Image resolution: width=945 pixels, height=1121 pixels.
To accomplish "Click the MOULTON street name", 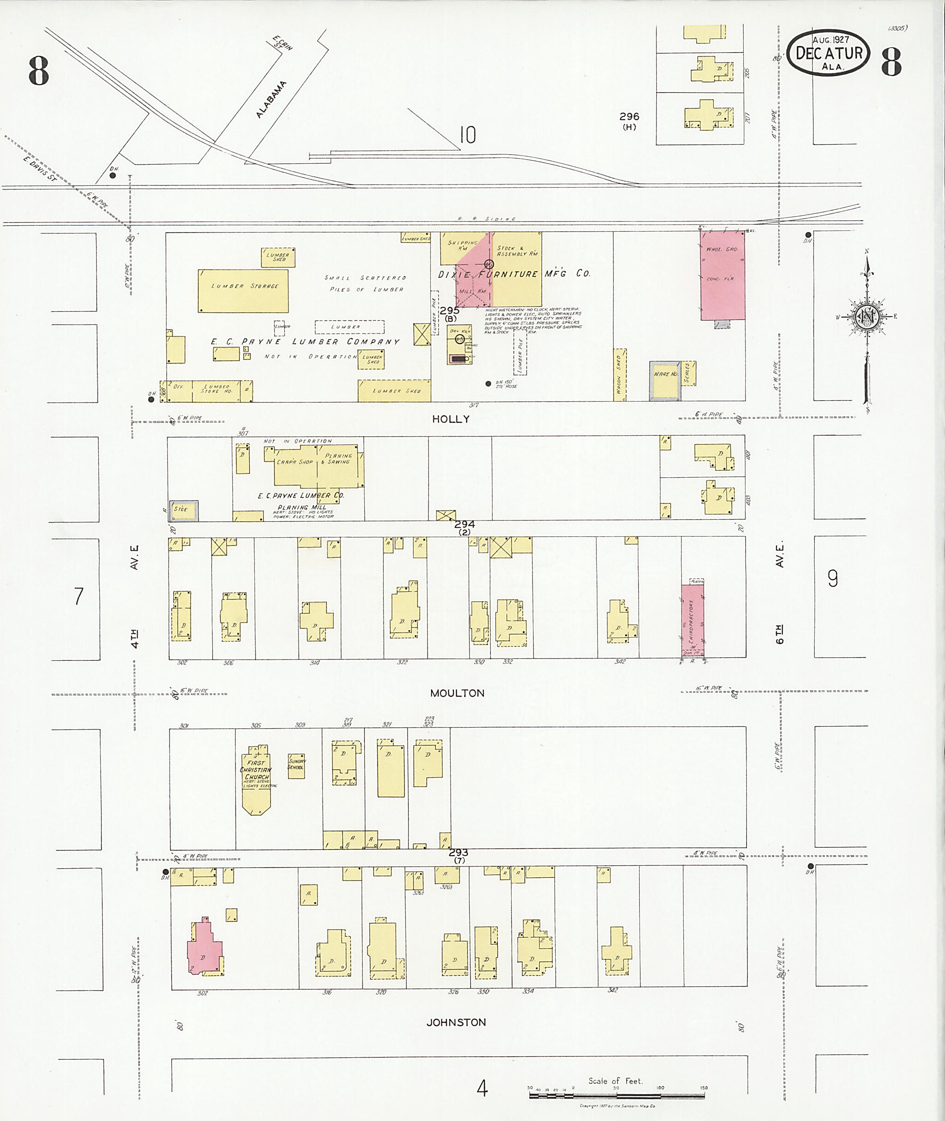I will pyautogui.click(x=457, y=693).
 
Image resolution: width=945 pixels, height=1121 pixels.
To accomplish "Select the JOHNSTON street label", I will pyautogui.click(x=456, y=1022).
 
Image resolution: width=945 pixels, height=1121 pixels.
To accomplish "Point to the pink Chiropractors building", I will pyautogui.click(x=692, y=619).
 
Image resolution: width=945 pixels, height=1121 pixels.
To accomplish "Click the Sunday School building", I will pyautogui.click(x=296, y=765).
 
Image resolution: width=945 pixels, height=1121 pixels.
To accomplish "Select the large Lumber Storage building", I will pyautogui.click(x=243, y=290).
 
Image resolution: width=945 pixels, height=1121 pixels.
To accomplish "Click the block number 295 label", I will pyautogui.click(x=449, y=311).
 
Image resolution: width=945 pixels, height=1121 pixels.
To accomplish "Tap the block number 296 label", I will pyautogui.click(x=629, y=116).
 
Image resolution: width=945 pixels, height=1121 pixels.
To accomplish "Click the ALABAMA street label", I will pyautogui.click(x=271, y=100).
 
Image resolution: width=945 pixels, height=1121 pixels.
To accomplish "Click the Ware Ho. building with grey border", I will pyautogui.click(x=665, y=381).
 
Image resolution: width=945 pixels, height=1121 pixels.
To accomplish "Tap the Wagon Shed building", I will pyautogui.click(x=620, y=375).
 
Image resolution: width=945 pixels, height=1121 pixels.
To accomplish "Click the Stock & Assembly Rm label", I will pyautogui.click(x=517, y=251).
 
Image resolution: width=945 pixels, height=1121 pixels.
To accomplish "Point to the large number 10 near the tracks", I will pyautogui.click(x=467, y=135).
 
